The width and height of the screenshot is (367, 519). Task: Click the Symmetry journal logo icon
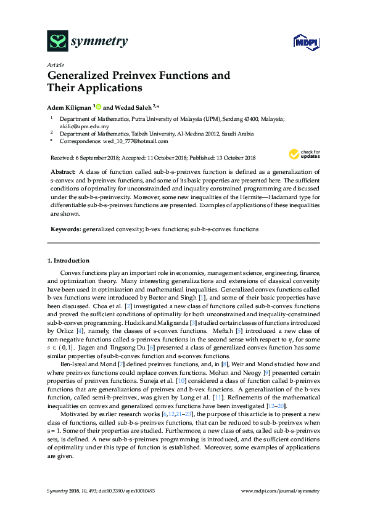tap(57, 41)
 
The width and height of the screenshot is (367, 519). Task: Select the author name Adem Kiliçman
tap(69, 106)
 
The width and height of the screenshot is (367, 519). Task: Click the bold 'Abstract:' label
tap(62, 170)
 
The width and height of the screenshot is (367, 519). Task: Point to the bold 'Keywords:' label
tap(65, 229)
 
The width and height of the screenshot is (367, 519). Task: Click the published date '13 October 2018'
tap(237, 158)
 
